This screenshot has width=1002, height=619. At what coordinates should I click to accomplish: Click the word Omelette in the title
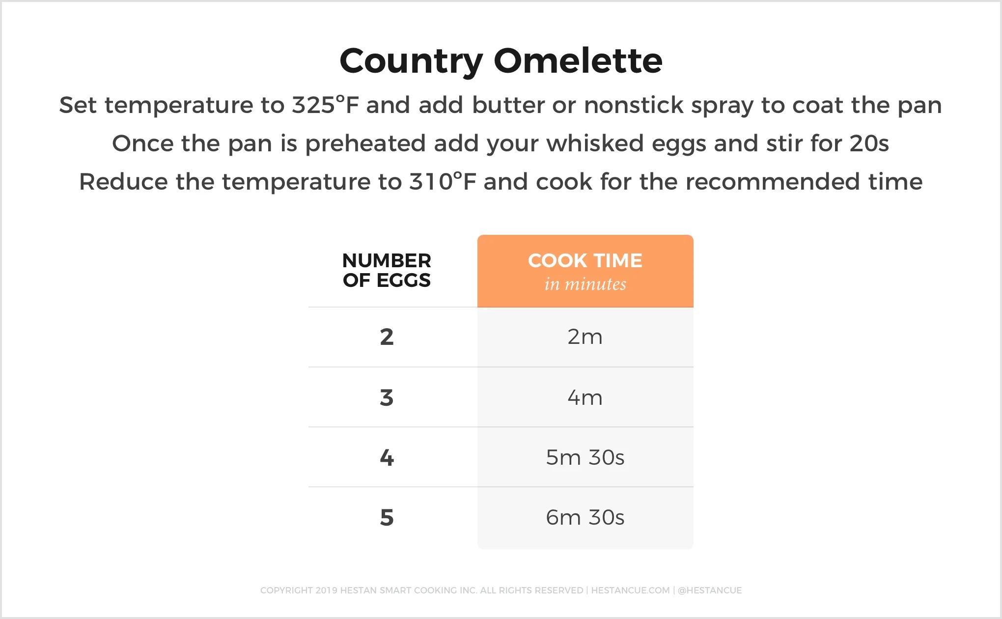pyautogui.click(x=578, y=61)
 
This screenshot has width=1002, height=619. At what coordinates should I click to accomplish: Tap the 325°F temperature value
pyautogui.click(x=325, y=105)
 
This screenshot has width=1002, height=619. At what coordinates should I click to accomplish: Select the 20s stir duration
pyautogui.click(x=869, y=143)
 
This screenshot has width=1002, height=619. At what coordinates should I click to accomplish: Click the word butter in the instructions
pyautogui.click(x=508, y=105)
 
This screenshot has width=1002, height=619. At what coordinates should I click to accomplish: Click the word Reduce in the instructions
pyautogui.click(x=123, y=182)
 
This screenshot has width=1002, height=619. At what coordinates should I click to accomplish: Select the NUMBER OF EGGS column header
pyautogui.click(x=387, y=270)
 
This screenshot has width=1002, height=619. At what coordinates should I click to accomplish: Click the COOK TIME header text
pyautogui.click(x=585, y=260)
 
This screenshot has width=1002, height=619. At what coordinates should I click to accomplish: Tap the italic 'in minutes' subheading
pyautogui.click(x=585, y=284)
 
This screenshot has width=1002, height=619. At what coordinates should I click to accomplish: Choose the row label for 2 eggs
pyautogui.click(x=387, y=337)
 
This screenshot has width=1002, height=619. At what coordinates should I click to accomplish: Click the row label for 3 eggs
pyautogui.click(x=387, y=397)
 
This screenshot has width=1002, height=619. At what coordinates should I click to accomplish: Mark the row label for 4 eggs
pyautogui.click(x=387, y=457)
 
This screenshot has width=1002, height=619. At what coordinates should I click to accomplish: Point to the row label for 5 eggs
pyautogui.click(x=387, y=517)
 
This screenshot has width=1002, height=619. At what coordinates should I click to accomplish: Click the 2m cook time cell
pyautogui.click(x=585, y=337)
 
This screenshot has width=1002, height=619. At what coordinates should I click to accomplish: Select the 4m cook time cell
pyautogui.click(x=585, y=397)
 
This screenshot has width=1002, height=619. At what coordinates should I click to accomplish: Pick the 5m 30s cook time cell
pyautogui.click(x=585, y=457)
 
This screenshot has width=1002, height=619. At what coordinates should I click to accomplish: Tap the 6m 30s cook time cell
pyautogui.click(x=585, y=517)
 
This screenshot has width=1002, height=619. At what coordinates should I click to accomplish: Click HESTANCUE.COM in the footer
pyautogui.click(x=630, y=590)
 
